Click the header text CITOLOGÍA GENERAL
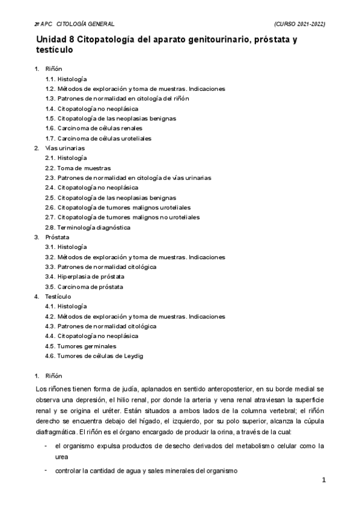[85, 23]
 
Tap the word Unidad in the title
[52, 40]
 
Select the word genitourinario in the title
[204, 40]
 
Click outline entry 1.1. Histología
[66, 79]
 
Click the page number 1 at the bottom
[323, 480]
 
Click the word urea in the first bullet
[61, 456]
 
